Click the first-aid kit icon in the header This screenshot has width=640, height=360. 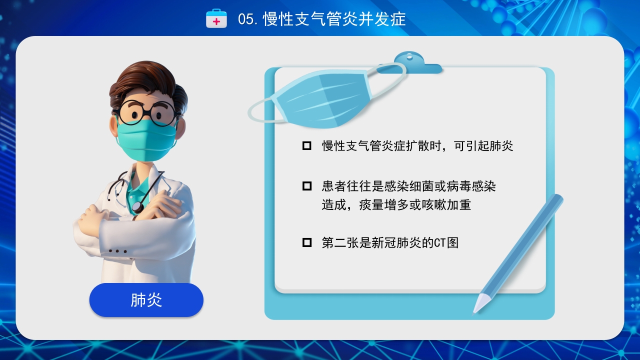[216, 18]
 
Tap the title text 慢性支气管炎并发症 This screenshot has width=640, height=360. [334, 19]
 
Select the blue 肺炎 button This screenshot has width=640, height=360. [146, 300]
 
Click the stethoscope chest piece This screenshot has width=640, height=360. [137, 206]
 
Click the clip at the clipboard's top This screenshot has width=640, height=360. [410, 62]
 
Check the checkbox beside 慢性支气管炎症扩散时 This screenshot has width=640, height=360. [307, 146]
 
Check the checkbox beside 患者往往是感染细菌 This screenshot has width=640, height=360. [307, 186]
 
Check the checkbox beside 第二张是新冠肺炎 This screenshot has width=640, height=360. [307, 243]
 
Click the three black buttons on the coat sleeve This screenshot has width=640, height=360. [117, 251]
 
